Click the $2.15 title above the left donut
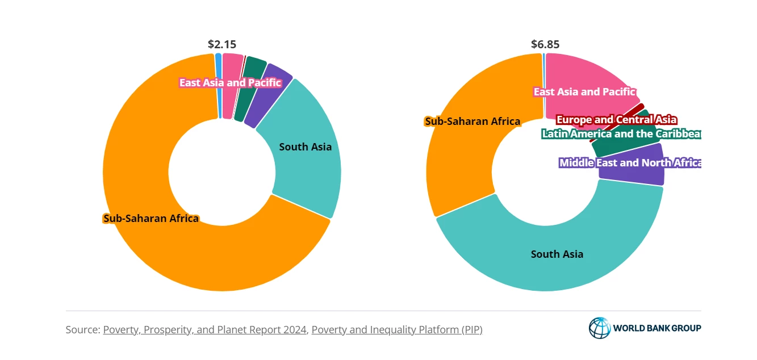tap(222, 44)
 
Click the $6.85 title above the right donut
tap(545, 44)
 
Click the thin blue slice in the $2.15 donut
tap(219, 85)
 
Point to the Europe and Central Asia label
tap(616, 120)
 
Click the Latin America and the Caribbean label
tap(621, 134)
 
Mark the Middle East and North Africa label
tap(630, 163)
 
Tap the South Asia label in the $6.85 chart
tap(557, 254)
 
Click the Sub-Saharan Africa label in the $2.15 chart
tap(150, 218)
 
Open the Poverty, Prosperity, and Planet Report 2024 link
tap(204, 329)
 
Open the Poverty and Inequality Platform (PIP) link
tap(396, 329)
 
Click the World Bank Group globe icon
tap(599, 328)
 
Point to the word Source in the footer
tap(82, 329)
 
